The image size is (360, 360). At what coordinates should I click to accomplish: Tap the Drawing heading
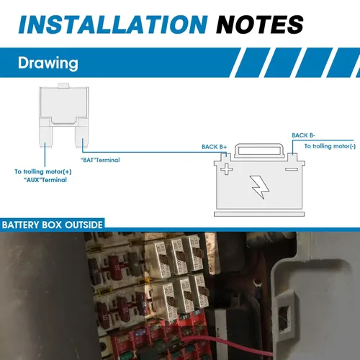tap(48, 63)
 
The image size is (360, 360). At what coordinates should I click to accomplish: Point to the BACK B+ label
tap(214, 147)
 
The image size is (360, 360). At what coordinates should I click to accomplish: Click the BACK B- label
tap(303, 135)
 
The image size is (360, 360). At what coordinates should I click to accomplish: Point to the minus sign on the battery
tap(292, 171)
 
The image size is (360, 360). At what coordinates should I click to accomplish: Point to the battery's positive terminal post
tap(225, 157)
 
